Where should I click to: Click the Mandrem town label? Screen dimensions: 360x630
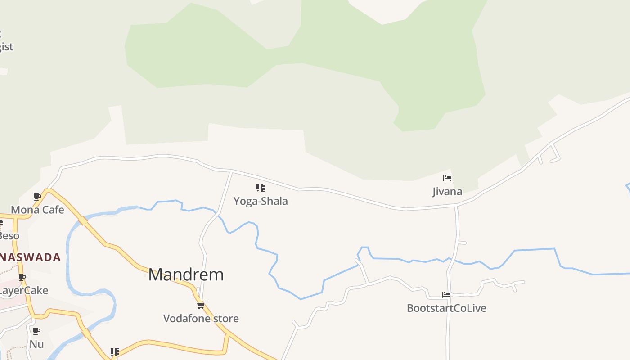coord(186,274)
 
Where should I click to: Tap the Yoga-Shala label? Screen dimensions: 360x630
coord(261,201)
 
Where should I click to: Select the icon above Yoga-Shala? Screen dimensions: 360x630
coord(261,188)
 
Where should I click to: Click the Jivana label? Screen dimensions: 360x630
coord(447,192)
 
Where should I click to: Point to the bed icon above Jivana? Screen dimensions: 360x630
coord(447,178)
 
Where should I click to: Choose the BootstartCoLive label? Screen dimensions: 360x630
coord(446,308)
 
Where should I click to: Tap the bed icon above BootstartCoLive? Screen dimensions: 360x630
coord(446,295)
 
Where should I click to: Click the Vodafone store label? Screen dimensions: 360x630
coord(201,319)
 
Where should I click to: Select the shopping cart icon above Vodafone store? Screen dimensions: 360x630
coord(201,305)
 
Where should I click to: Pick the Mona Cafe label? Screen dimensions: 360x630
coord(37,210)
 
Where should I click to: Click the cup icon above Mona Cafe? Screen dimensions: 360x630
coord(37,197)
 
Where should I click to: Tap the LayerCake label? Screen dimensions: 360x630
coord(23,291)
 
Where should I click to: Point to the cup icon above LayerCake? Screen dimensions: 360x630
coord(22,277)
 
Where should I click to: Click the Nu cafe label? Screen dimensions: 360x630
coord(36,344)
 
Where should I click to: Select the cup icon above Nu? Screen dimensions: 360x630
coord(36,331)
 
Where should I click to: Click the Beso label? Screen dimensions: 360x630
coord(9,236)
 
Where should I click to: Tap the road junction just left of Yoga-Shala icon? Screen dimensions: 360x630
coord(232,171)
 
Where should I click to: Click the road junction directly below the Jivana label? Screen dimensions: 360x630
coord(456,206)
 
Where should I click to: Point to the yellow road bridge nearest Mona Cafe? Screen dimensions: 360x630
coord(83,221)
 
